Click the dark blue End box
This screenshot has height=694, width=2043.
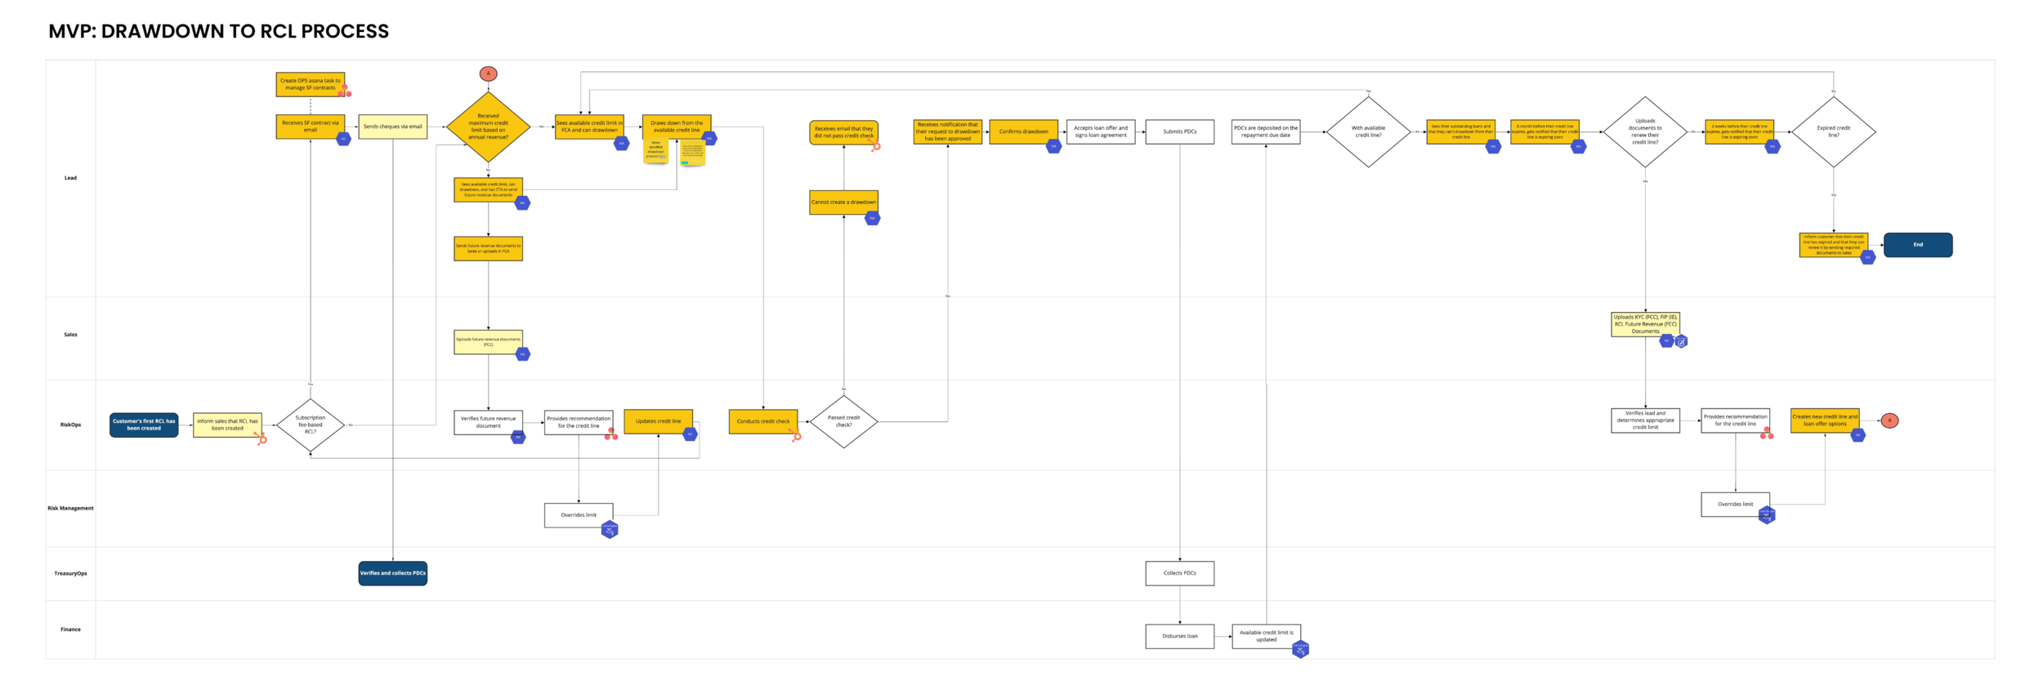click(x=1917, y=245)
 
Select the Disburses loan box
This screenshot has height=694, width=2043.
click(x=1179, y=636)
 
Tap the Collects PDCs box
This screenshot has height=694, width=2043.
click(x=1179, y=573)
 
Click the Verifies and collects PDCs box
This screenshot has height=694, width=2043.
click(x=392, y=573)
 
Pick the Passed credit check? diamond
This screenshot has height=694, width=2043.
click(x=843, y=422)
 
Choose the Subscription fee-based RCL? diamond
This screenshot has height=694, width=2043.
click(x=310, y=425)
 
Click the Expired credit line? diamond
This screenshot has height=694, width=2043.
click(x=1833, y=131)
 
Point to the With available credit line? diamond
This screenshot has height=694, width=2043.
click(x=1368, y=131)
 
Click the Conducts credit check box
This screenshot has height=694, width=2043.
click(x=762, y=421)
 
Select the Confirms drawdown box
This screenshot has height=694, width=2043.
click(x=1023, y=131)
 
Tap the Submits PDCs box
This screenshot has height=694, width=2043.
click(x=1179, y=131)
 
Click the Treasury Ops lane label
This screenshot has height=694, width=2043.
click(x=70, y=573)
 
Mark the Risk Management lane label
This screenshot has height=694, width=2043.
click(x=70, y=508)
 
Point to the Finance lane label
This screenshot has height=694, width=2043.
click(x=70, y=629)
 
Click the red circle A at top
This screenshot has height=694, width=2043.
click(x=488, y=73)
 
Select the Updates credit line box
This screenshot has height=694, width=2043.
click(x=658, y=421)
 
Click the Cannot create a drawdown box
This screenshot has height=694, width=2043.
click(x=843, y=202)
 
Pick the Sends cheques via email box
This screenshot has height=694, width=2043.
click(x=392, y=127)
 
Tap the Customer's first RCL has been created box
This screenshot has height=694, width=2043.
click(x=144, y=425)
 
